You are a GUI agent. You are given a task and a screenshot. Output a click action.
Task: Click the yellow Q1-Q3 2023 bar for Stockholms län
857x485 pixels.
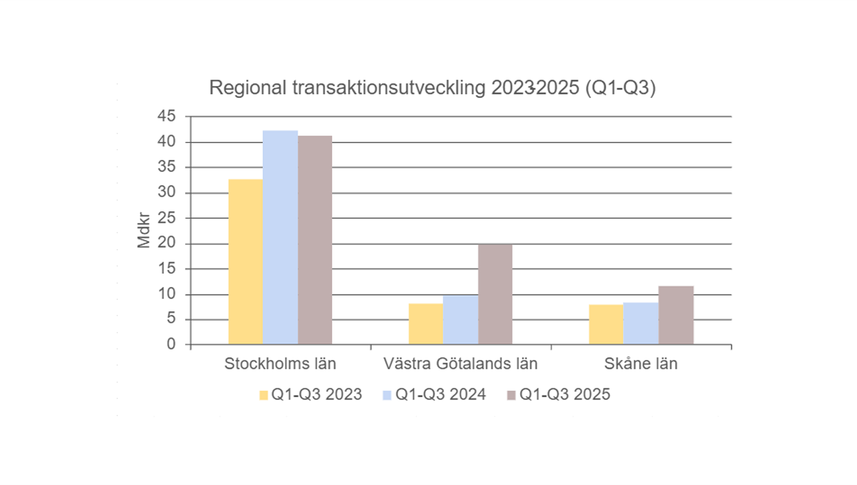click(245, 262)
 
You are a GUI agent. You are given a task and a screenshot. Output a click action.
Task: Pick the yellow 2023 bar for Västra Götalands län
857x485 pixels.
click(426, 324)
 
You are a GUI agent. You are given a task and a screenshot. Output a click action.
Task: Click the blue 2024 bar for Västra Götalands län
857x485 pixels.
click(461, 320)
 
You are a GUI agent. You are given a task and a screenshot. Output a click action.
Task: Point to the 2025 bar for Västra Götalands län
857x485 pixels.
click(495, 294)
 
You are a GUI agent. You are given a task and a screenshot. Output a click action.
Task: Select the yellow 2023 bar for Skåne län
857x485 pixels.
click(606, 324)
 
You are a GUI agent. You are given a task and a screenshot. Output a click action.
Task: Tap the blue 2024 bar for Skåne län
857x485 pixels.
click(641, 323)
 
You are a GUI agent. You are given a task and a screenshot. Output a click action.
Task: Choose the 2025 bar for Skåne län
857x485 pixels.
click(676, 315)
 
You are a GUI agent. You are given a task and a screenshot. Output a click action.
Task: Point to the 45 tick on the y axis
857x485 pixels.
click(166, 116)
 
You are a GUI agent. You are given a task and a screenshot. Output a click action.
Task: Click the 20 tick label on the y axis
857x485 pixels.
click(166, 242)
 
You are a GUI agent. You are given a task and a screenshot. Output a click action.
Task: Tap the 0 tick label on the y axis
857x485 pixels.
click(171, 344)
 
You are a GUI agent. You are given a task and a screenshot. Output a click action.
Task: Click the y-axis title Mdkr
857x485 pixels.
click(143, 230)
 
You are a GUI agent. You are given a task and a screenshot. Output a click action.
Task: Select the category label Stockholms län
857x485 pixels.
click(280, 364)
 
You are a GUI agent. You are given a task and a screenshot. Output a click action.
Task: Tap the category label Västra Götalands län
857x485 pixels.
click(460, 364)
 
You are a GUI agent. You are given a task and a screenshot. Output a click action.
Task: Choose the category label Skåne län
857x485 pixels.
click(641, 364)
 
